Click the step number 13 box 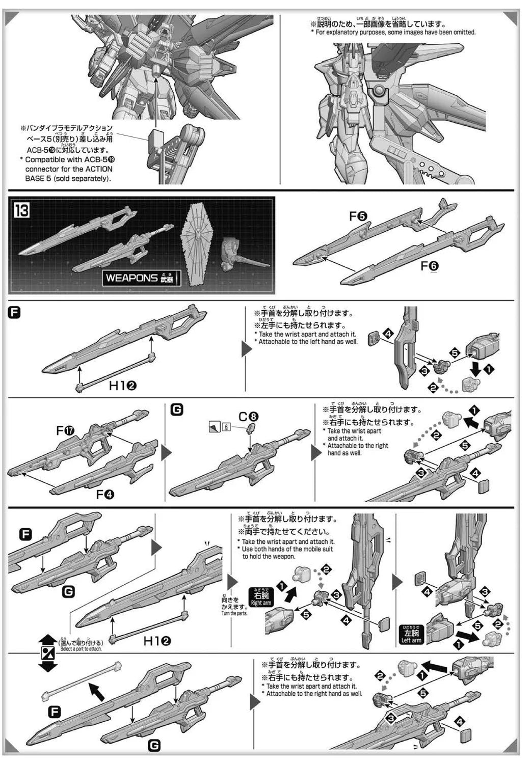point(22,210)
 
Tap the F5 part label point(358,216)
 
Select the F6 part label point(430,265)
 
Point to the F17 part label point(65,431)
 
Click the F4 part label point(105,494)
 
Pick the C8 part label point(250,415)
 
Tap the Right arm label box point(260,596)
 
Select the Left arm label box point(411,636)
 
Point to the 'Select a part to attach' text point(81,649)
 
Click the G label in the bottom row point(153,746)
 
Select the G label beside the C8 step point(177,409)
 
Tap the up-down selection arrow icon point(47,653)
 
